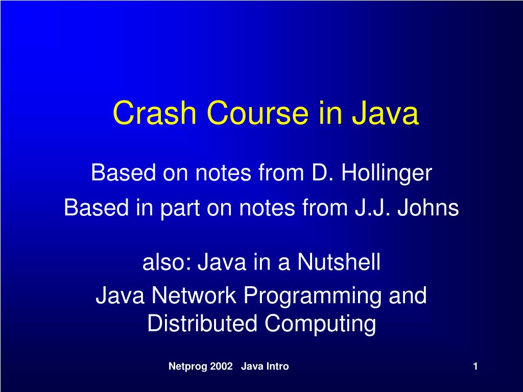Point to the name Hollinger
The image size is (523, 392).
(x=387, y=174)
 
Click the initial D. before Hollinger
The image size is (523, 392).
(x=322, y=174)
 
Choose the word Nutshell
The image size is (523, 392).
(x=339, y=263)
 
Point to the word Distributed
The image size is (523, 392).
(x=203, y=324)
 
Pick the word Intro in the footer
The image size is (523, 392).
(x=276, y=366)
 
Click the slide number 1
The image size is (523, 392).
(x=475, y=366)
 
